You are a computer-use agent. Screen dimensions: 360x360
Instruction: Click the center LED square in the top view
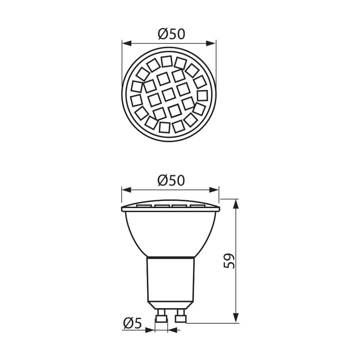pos(168,94)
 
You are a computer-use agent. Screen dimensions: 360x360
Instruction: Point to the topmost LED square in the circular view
pos(166,61)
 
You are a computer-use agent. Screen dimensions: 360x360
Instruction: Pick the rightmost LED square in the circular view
pos(202,95)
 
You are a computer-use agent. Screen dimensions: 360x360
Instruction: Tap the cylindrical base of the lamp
pos(171,281)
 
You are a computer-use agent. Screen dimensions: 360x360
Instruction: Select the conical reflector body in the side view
pos(171,234)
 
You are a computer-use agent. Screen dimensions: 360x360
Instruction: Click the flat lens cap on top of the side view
pos(171,207)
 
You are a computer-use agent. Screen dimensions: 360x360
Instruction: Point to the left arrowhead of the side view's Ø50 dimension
pos(126,190)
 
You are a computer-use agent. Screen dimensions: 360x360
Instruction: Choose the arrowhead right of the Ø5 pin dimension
pos(172,330)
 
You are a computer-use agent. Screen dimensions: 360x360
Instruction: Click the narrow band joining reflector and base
pos(171,258)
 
